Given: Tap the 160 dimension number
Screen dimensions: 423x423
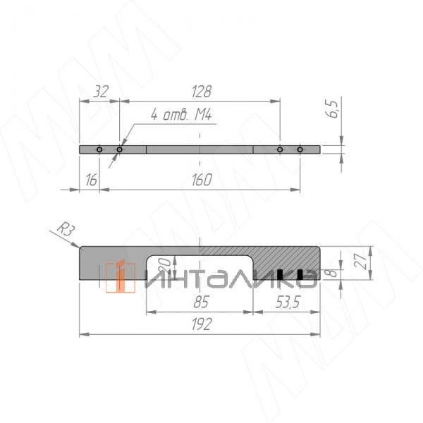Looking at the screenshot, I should (x=202, y=180).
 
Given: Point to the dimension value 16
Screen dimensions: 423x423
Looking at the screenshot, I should (x=90, y=180).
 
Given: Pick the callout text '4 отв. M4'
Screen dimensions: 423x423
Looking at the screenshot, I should (x=181, y=115).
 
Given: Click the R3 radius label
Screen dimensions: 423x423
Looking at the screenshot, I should (x=64, y=228).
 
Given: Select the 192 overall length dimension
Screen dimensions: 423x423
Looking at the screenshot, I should (x=200, y=325).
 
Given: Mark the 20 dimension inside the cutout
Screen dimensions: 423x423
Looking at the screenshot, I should (x=164, y=266).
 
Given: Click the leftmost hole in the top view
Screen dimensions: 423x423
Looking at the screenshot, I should (x=99, y=149).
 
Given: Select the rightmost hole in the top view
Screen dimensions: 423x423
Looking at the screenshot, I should (x=300, y=149).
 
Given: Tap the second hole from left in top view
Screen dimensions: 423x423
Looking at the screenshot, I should (x=119, y=149).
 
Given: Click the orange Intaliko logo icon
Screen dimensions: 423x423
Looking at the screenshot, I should (x=120, y=276).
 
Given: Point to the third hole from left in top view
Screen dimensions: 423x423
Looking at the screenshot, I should (x=280, y=149).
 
